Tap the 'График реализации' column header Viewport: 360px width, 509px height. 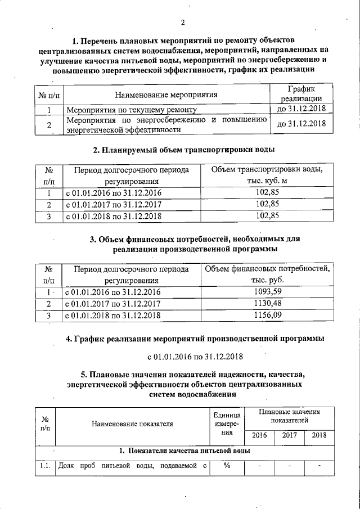tap(301, 93)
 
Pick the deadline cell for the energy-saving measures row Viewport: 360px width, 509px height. tap(301, 124)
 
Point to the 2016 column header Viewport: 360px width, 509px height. tap(259, 435)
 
